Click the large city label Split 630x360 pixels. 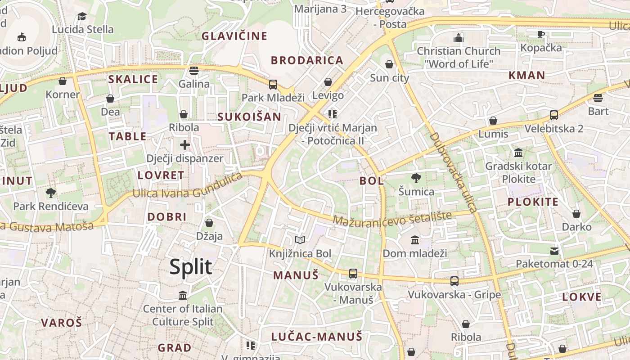pos(191,267)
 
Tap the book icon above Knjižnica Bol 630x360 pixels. pos(300,241)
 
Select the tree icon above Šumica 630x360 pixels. pos(416,178)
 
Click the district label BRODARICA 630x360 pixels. pos(307,60)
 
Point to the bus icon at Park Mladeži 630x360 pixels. pos(273,84)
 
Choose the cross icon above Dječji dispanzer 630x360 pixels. pos(185,145)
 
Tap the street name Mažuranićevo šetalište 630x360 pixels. pos(392,219)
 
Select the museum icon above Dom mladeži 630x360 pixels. pos(415,240)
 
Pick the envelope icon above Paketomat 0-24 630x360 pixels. pos(554,251)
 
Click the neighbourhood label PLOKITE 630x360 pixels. pos(533,202)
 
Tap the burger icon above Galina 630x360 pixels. pos(194,70)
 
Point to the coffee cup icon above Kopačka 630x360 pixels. pos(541,34)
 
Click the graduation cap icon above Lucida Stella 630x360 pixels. pos(82,17)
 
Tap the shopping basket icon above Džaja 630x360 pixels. pos(209,223)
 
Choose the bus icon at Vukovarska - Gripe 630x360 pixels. pos(454,281)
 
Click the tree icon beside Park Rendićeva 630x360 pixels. pos(51,193)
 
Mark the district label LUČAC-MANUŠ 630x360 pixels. pos(316,336)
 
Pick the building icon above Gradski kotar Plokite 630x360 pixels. pos(518,153)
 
